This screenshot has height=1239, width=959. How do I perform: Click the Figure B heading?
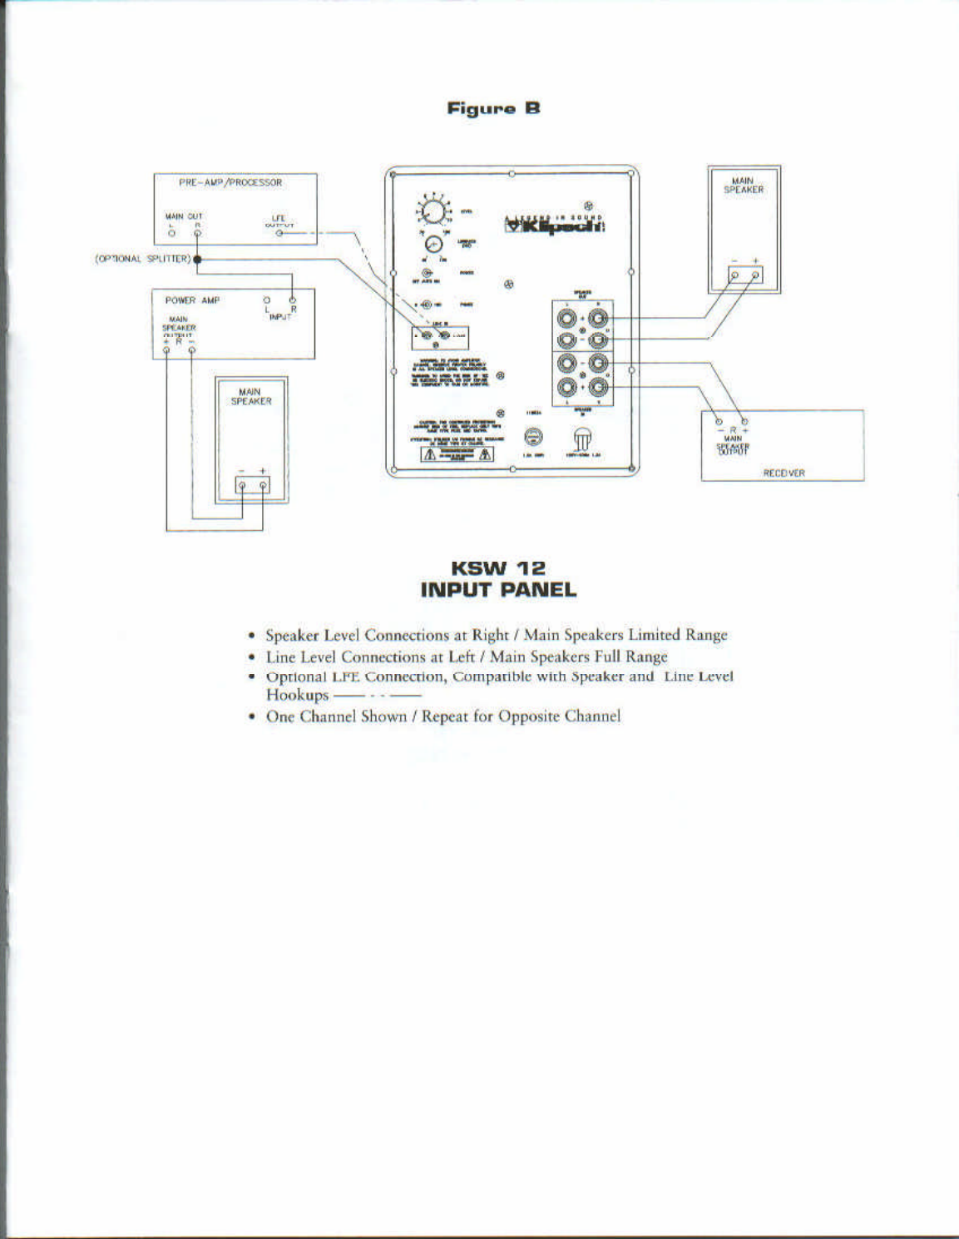(x=494, y=108)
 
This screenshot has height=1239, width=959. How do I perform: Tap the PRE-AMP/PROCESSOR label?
(x=230, y=182)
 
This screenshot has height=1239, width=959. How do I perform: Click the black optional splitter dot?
(x=197, y=260)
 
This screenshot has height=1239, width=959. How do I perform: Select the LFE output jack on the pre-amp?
(x=280, y=234)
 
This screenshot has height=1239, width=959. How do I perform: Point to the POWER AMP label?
(x=192, y=300)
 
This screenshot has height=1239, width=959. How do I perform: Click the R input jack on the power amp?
(x=292, y=300)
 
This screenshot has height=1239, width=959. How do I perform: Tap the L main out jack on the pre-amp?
(x=171, y=234)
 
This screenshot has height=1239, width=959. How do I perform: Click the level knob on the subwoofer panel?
(x=432, y=211)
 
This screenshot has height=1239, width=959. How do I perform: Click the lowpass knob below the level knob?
(x=433, y=244)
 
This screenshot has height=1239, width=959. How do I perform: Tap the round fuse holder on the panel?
(x=535, y=438)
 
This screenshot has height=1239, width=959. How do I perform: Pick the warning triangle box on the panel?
(x=457, y=453)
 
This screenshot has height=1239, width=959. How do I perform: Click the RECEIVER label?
(x=784, y=473)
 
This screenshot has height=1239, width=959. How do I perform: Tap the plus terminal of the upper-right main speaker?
(x=756, y=275)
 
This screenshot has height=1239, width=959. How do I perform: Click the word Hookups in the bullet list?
(x=297, y=695)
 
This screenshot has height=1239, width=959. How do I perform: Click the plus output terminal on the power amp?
(x=166, y=350)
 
